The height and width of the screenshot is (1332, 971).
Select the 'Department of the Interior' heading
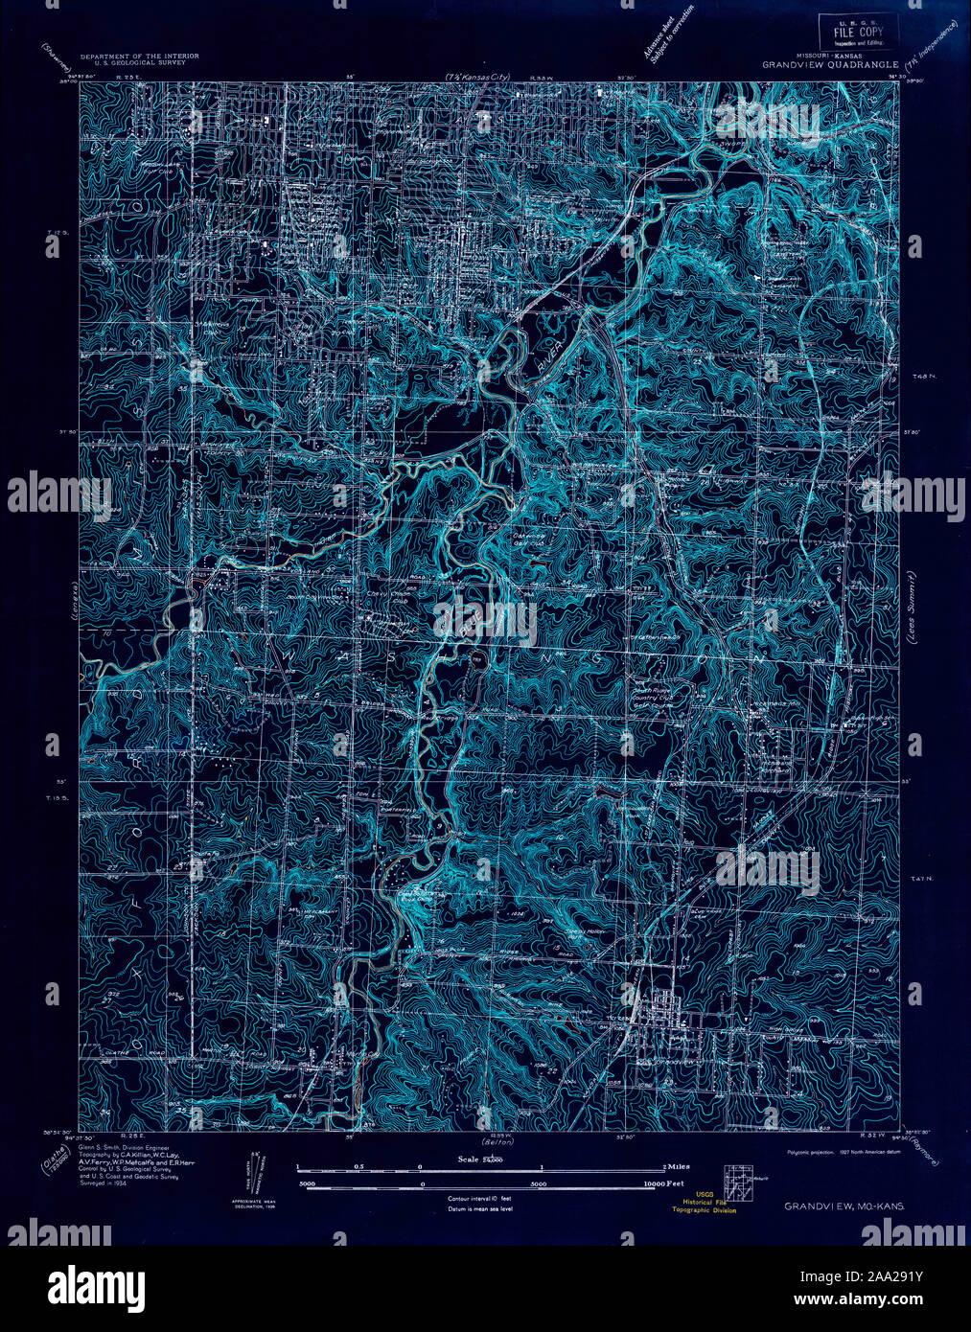coord(140,57)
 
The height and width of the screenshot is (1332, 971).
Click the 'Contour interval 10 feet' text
coord(479,1199)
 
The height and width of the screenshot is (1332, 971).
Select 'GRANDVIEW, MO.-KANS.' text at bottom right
coord(844,1206)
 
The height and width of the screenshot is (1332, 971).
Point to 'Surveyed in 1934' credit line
coord(103,1184)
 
